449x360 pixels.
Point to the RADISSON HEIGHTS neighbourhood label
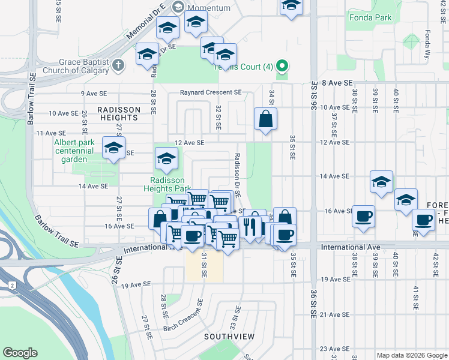[118, 110]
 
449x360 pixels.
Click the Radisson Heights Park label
[170, 184]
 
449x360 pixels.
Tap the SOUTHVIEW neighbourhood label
[229, 336]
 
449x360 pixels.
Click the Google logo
[20, 353]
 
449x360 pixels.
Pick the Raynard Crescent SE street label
[211, 93]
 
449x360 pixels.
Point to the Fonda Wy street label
[428, 43]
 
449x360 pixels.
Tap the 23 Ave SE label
[334, 349]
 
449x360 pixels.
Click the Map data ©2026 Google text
[411, 355]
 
